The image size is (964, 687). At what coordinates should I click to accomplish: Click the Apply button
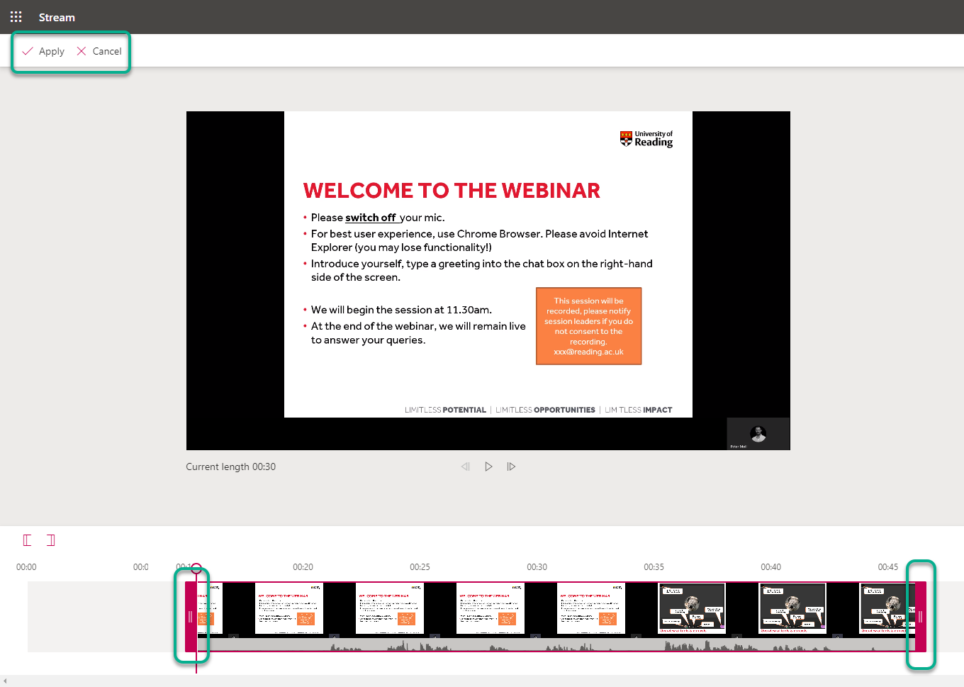point(44,51)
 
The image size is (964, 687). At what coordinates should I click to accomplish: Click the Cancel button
point(99,51)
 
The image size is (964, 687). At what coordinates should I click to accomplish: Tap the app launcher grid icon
point(16,17)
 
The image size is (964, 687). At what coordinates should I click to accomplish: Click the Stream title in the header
point(57,17)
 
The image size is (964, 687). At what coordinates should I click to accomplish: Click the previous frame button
point(466,467)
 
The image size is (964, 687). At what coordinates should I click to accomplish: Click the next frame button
point(511,467)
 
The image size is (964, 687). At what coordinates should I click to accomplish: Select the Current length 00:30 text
point(230,467)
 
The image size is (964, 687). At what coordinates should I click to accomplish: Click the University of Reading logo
point(646,138)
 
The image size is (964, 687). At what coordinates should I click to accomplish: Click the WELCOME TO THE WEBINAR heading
point(452,191)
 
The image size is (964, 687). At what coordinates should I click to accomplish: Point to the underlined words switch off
point(371,218)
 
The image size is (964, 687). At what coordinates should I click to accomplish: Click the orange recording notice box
point(588,326)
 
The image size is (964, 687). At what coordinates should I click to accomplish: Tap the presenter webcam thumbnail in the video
point(758,433)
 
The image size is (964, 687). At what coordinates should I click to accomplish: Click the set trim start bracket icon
point(28,540)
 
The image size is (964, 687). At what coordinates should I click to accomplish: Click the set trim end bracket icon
point(51,540)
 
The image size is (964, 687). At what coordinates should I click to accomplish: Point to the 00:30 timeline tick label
point(537,567)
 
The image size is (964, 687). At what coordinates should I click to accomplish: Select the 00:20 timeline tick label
point(303,567)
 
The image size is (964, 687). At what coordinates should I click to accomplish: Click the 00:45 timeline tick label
point(887,567)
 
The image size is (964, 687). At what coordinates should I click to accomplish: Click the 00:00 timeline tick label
point(26,567)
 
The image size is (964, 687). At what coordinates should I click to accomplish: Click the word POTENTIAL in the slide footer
point(464,410)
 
